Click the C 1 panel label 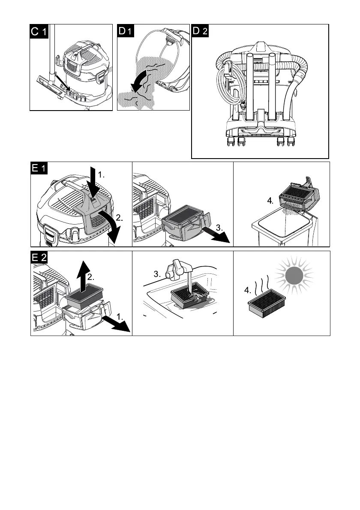pyautogui.click(x=39, y=31)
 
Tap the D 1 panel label pyautogui.click(x=126, y=31)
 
